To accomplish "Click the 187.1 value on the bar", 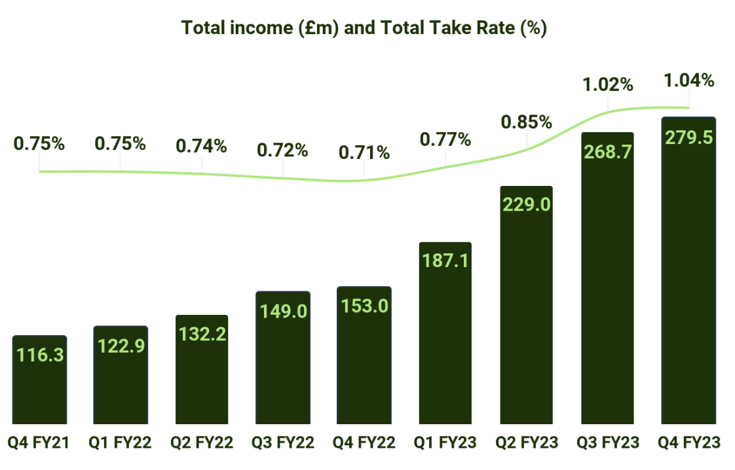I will (445, 261).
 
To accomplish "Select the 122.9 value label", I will (121, 345).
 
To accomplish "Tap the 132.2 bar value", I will (202, 334).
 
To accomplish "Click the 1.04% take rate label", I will (688, 81).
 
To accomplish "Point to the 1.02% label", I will (608, 84).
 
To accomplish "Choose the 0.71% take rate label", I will (364, 153).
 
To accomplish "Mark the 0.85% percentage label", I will (526, 122).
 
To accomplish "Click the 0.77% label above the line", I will (445, 139).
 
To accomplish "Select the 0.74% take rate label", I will (202, 146).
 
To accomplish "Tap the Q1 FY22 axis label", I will (121, 443).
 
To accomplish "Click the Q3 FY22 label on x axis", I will (283, 443).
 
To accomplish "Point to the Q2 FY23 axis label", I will (527, 443).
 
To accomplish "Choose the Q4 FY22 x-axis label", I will (364, 443).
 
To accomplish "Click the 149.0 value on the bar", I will (283, 311).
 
